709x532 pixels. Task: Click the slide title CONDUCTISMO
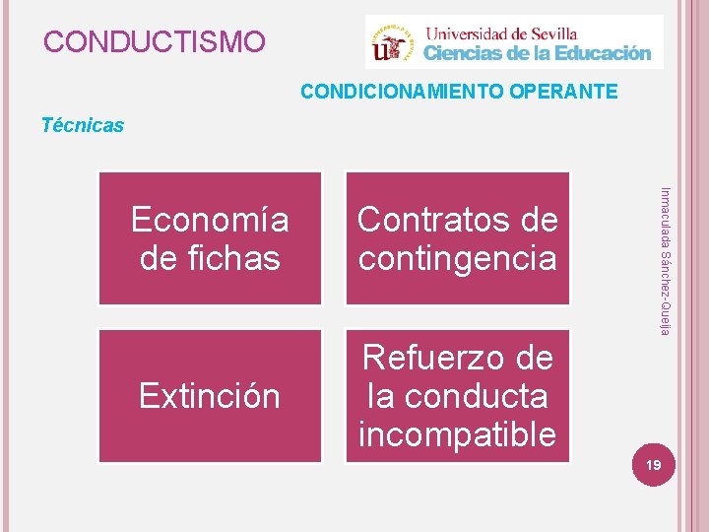(x=155, y=42)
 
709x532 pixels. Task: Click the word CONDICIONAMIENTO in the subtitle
(x=403, y=93)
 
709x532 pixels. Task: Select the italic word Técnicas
(x=83, y=125)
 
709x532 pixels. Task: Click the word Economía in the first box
(x=210, y=220)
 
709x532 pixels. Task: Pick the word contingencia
(x=457, y=258)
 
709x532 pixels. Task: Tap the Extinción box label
(x=210, y=396)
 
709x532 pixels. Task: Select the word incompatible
(x=457, y=433)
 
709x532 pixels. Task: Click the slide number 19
(x=650, y=464)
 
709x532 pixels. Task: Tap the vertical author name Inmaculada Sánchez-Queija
(x=665, y=261)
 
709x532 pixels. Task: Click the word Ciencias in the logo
(x=462, y=53)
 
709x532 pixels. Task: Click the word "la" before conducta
(x=381, y=396)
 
